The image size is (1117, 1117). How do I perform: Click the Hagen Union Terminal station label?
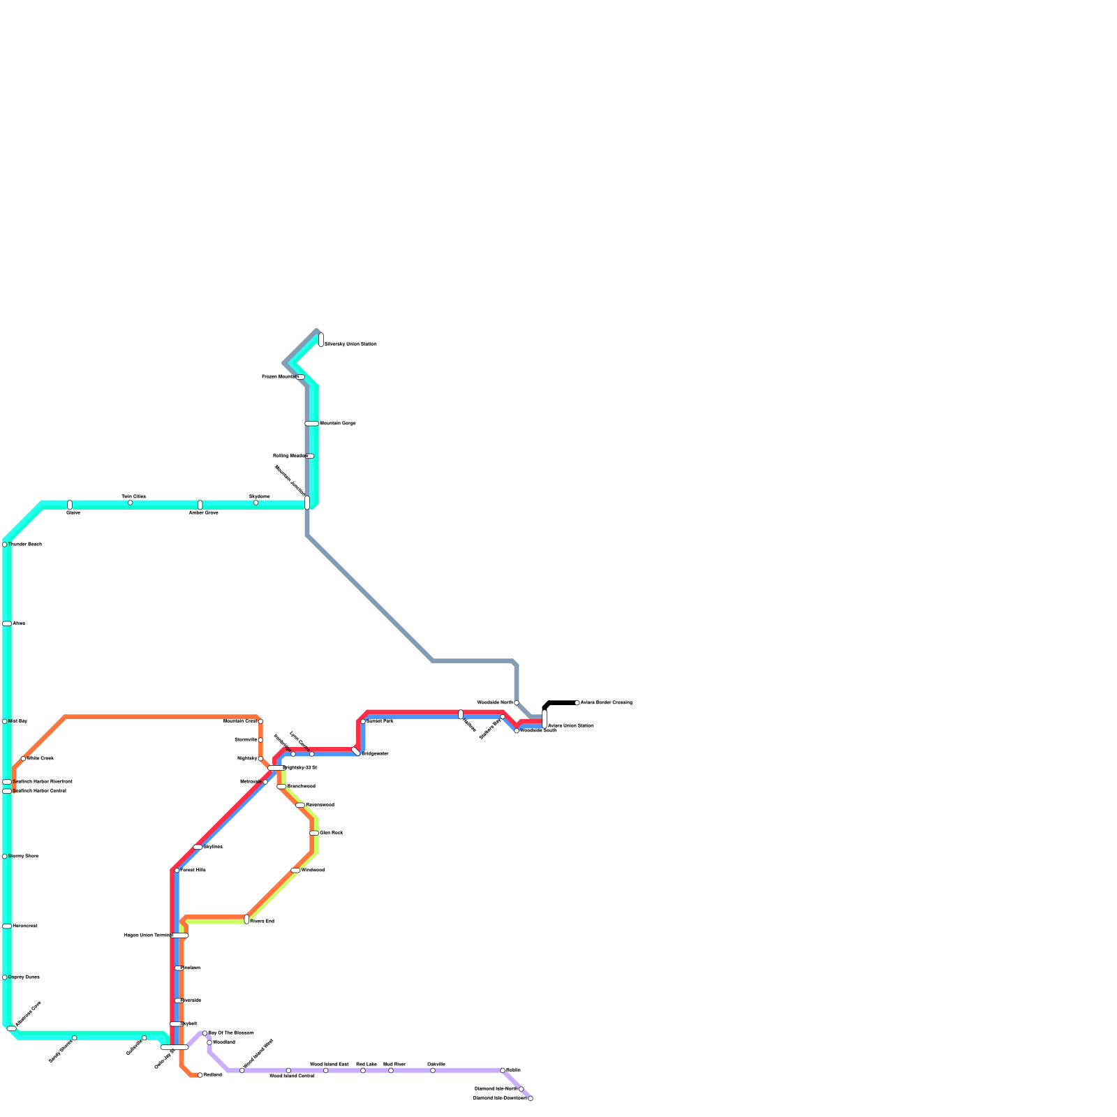147,935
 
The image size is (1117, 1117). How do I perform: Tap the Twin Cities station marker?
130,503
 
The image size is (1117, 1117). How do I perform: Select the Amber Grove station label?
203,512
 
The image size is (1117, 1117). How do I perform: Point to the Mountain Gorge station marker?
311,423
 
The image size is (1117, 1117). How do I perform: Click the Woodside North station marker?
517,702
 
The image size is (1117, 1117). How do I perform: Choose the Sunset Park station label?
380,720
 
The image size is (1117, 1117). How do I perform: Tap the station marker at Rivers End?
246,919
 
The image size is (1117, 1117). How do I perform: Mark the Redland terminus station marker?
200,1075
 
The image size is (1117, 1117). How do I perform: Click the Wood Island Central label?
292,1077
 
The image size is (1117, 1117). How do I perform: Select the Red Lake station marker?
363,1070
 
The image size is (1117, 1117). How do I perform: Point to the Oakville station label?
436,1064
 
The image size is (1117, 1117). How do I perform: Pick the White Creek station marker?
23,758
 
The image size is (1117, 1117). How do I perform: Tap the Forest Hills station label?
193,870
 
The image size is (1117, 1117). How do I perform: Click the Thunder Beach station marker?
5,545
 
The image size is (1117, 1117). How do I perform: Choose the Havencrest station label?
24,926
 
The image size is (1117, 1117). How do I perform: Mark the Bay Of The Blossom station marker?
205,1033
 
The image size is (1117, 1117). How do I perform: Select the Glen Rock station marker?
314,833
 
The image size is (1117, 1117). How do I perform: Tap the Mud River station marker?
391,1070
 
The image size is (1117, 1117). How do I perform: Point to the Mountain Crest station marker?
260,721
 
